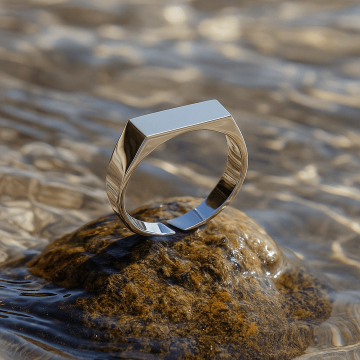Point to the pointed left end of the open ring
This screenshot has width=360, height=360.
click(172, 231)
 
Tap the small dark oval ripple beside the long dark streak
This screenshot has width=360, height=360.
click(67, 295)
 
